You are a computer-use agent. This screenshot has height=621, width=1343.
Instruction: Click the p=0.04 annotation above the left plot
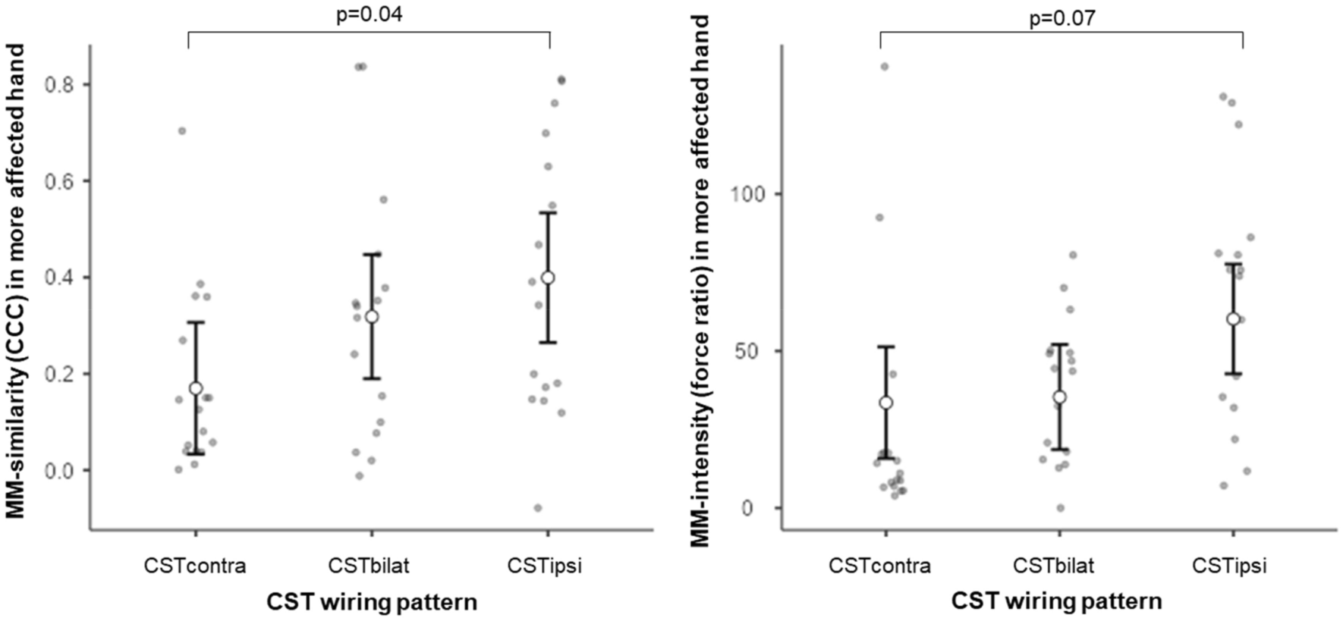coord(369,14)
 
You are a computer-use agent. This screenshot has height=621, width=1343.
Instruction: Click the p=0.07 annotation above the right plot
coord(1062,17)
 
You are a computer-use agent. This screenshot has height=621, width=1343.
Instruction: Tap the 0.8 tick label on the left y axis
coord(61,84)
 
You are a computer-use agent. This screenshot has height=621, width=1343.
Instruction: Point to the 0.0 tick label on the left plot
coord(61,471)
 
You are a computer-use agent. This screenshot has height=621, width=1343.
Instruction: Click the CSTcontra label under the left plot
coord(195,566)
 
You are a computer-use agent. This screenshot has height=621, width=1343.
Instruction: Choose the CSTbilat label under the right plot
coord(1053,566)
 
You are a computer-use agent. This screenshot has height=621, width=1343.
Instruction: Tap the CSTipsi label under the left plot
coord(544,566)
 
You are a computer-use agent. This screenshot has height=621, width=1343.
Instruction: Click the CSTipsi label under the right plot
coord(1228,566)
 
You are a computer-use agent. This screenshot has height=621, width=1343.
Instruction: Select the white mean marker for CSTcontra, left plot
coord(196,388)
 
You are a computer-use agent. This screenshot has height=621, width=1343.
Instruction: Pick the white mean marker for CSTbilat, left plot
coord(372,316)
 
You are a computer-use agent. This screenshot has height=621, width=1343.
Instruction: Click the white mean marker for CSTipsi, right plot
coord(1233,318)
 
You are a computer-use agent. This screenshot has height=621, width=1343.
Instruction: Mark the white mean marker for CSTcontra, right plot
coord(885,403)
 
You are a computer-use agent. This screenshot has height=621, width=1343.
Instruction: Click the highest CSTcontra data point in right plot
coord(884,67)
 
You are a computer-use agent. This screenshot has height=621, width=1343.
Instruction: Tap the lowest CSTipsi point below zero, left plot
coord(538,508)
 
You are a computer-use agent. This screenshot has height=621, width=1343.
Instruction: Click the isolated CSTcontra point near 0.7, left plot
coord(182,131)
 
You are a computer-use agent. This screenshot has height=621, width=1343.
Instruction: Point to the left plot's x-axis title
coord(372,602)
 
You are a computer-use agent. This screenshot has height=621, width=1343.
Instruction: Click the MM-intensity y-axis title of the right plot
coord(700,281)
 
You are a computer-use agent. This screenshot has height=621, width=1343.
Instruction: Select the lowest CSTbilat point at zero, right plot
coord(1061,508)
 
